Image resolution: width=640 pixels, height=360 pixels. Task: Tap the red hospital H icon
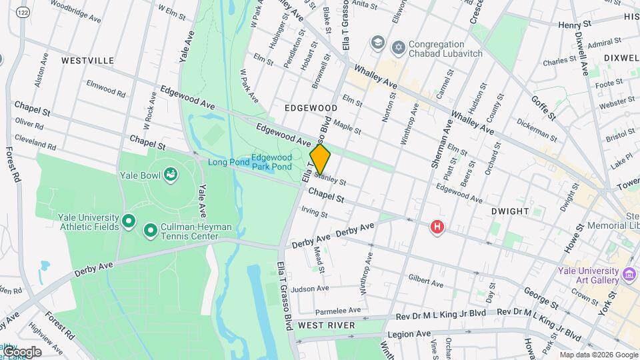point(437,227)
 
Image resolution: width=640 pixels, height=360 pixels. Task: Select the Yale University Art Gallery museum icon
point(629,274)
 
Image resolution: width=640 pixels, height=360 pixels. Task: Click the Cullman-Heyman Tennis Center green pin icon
point(151,231)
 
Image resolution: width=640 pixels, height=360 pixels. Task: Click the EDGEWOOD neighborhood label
point(311,107)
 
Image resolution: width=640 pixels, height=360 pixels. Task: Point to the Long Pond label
point(228,162)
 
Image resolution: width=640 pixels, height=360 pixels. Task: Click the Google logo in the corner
point(22,351)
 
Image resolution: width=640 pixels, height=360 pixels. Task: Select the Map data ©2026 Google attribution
point(598,355)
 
